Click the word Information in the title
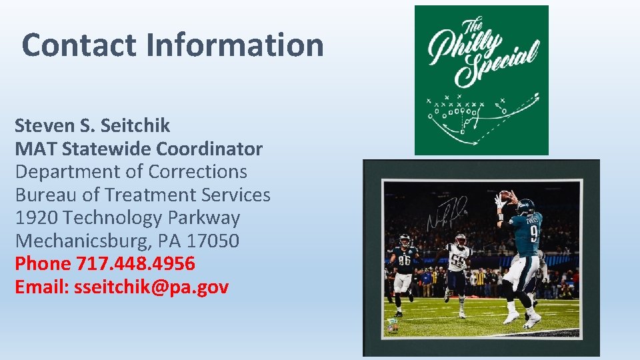[235, 45]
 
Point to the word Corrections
[198, 171]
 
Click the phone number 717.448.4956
[136, 264]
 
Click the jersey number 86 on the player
[404, 261]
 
